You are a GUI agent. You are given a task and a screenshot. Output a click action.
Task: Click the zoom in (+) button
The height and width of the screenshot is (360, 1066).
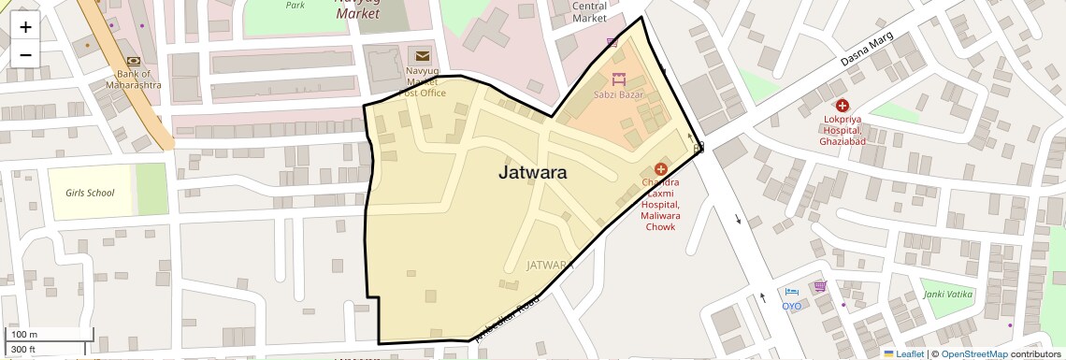25,26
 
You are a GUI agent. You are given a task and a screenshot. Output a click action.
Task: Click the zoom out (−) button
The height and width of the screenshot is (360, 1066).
25,54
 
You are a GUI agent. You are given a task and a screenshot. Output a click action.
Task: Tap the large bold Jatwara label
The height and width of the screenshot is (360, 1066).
532,173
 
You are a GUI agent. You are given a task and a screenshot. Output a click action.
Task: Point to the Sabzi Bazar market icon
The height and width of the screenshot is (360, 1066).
617,79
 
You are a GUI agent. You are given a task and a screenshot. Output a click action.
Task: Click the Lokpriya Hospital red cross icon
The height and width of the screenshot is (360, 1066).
843,107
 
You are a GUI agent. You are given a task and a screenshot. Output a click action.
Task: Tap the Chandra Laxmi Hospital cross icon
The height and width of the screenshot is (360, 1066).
661,169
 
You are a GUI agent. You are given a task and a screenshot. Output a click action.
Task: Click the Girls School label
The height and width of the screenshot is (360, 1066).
90,194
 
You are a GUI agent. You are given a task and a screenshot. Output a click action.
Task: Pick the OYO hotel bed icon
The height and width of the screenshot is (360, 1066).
792,293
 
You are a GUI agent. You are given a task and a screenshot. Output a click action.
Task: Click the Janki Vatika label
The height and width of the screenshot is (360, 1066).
948,295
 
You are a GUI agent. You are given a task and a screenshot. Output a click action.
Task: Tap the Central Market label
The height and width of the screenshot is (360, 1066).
589,11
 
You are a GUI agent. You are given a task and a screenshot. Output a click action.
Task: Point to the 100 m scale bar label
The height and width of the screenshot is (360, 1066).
24,334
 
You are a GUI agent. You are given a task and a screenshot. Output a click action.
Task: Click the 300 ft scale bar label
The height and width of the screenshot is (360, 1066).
23,350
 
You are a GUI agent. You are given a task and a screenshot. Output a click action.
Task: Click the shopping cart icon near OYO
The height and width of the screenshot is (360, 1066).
820,286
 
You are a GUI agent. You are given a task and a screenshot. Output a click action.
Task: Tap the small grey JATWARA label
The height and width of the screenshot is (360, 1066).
549,265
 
